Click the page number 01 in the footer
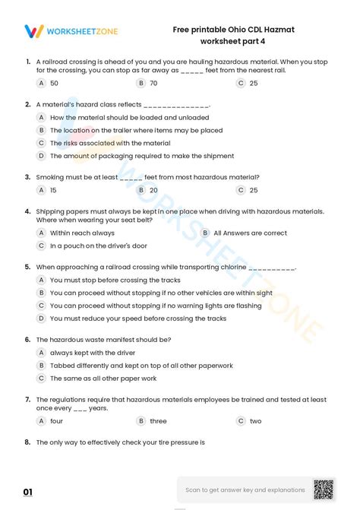point(28,493)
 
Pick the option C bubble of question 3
point(241,190)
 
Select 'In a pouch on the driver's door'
point(98,245)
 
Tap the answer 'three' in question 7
point(158,420)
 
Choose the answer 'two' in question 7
point(255,420)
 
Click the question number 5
point(27,267)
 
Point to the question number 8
point(27,442)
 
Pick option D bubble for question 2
point(41,156)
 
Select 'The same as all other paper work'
point(103,378)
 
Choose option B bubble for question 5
point(41,293)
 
